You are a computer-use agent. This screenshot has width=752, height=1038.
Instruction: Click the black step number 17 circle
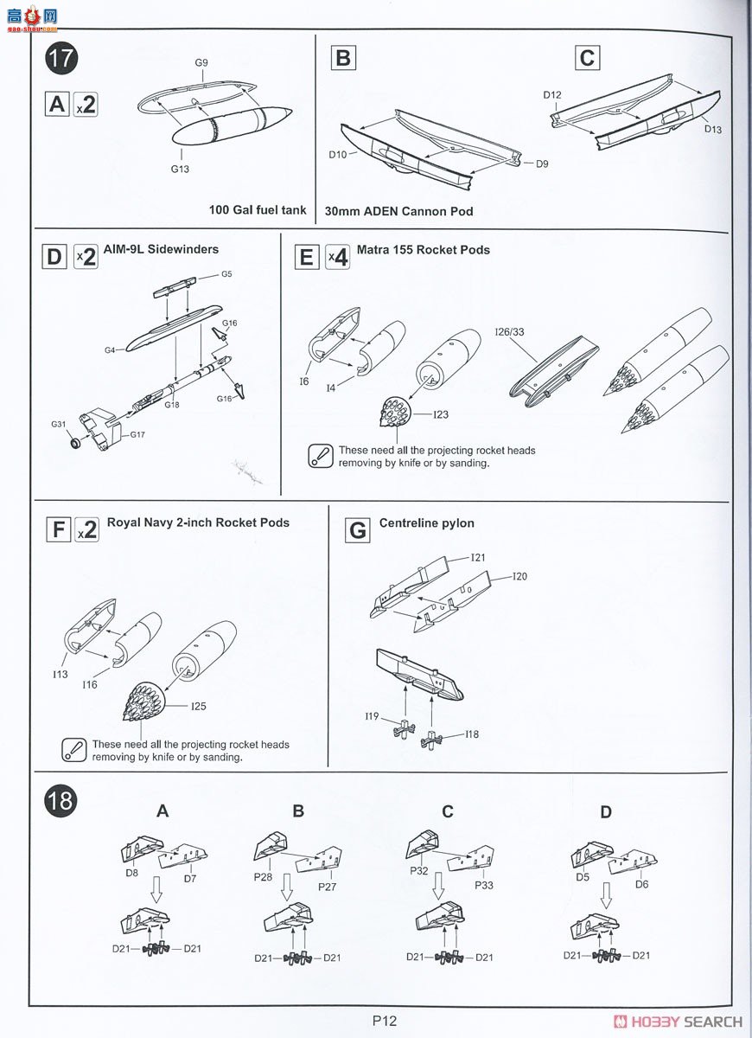point(61,59)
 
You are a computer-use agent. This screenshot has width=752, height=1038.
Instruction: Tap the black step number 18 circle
point(61,800)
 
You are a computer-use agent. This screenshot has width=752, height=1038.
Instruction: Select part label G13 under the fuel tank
point(180,170)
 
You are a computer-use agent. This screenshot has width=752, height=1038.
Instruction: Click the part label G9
point(201,62)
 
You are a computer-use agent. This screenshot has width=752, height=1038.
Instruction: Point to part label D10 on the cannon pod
point(338,155)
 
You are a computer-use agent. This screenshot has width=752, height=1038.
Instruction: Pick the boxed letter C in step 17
point(587,58)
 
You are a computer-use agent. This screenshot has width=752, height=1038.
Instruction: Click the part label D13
point(712,129)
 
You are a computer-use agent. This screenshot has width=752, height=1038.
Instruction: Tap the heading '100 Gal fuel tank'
point(258,210)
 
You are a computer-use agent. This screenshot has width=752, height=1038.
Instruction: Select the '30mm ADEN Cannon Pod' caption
point(398,211)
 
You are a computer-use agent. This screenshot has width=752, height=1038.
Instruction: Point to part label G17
point(137,434)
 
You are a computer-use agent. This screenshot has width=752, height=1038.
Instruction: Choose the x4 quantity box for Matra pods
point(338,257)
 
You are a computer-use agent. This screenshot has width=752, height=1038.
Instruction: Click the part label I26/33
point(509,332)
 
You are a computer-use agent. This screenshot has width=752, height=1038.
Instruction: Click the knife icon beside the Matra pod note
point(321,456)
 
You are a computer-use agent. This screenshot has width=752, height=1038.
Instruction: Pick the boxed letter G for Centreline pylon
point(358,530)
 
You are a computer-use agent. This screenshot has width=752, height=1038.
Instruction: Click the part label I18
point(472,734)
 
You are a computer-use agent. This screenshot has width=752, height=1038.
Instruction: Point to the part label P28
point(263,877)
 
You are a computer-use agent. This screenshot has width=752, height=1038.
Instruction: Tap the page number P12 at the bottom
point(385,1021)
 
